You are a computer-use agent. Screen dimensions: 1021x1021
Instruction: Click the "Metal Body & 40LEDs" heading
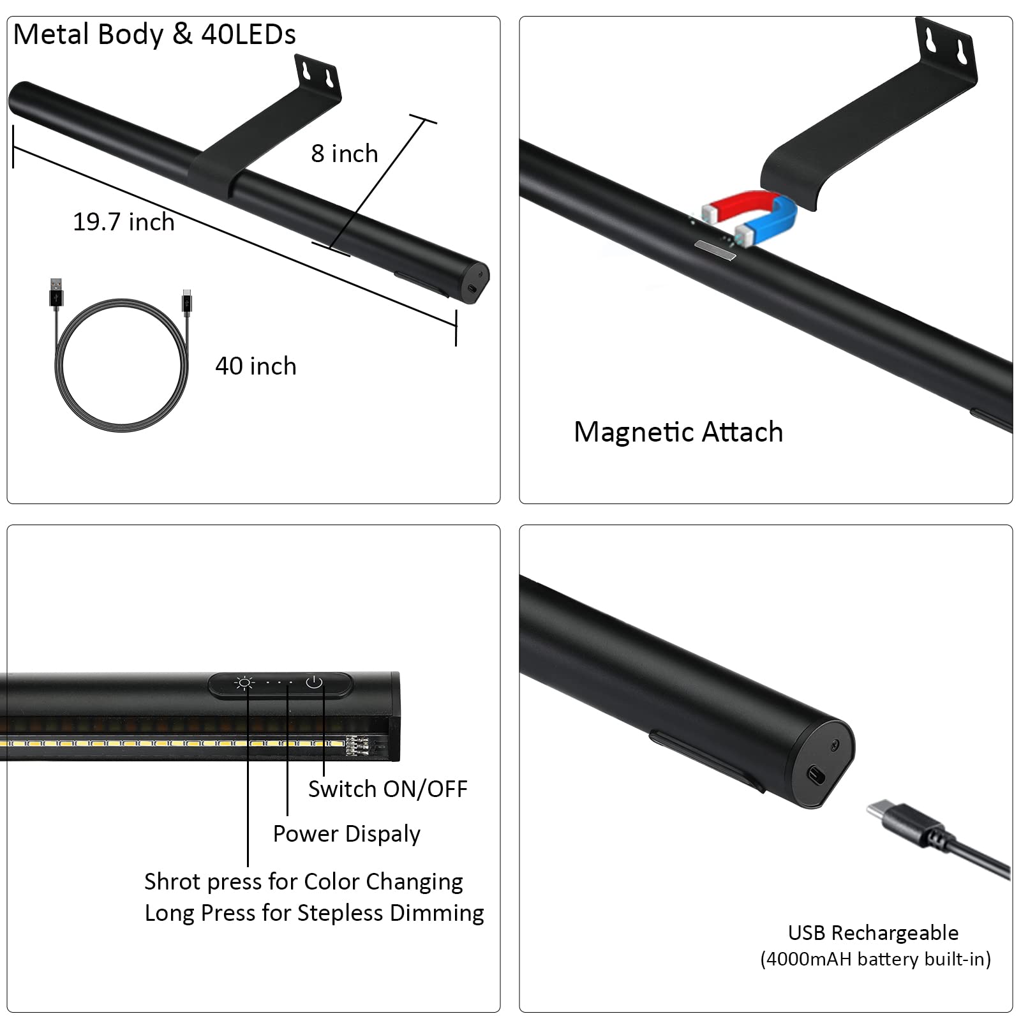pos(154,34)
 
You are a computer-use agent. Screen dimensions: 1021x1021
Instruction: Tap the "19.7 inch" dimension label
pos(124,222)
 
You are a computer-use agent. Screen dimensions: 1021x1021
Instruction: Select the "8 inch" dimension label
pos(345,154)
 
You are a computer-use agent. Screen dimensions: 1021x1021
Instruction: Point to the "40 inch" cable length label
pos(256,366)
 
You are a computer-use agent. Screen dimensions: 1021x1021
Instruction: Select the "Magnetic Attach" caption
pos(678,432)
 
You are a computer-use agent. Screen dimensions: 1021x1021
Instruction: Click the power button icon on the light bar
pos(314,683)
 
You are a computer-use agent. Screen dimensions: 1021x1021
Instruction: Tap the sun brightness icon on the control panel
pos(244,683)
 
